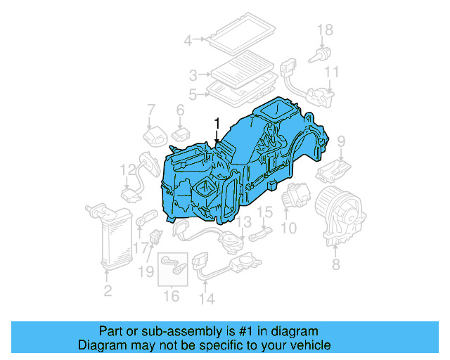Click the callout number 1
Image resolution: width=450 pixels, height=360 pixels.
tap(217, 124)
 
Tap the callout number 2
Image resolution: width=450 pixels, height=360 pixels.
tap(108, 290)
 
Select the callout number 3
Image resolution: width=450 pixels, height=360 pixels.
tap(193, 74)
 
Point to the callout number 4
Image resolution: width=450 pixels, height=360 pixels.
tap(188, 40)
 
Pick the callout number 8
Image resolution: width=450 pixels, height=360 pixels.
tap(335, 264)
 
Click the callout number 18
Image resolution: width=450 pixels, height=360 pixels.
tap(324, 29)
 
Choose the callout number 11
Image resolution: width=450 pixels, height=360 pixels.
tap(332, 72)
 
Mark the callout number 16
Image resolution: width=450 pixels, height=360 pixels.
tap(172, 297)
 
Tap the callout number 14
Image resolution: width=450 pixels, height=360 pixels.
tap(205, 298)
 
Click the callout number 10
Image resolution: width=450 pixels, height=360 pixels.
tap(289, 228)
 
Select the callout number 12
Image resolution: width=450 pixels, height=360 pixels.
tap(127, 169)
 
